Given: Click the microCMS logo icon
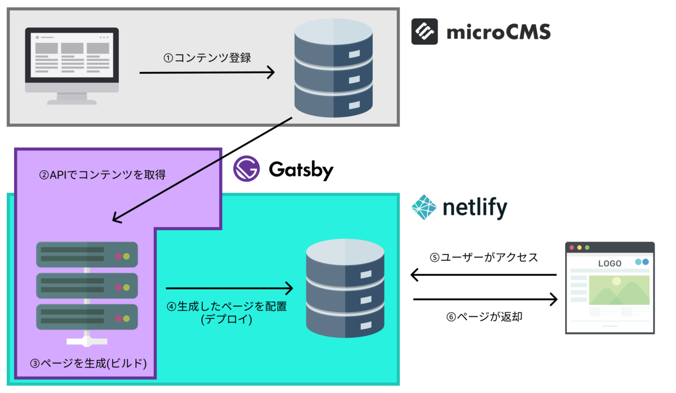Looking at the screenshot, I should [424, 32].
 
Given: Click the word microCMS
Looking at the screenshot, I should [498, 32].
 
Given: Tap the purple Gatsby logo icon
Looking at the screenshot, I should [246, 168].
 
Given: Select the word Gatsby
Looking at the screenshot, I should [301, 169].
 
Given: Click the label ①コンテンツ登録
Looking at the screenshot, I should [207, 57].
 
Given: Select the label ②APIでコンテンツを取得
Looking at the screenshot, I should [102, 175].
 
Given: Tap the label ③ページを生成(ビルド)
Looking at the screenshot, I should [88, 363].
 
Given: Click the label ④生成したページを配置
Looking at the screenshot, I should [226, 307].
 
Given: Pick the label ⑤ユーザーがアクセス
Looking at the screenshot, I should [483, 258].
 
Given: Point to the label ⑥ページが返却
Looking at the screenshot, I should [484, 317].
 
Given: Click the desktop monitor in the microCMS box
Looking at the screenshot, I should [72, 65].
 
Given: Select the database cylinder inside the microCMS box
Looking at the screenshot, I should [333, 67].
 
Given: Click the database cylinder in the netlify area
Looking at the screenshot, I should [345, 288].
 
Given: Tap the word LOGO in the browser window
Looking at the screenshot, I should [610, 264].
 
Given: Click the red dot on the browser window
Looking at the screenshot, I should [572, 247].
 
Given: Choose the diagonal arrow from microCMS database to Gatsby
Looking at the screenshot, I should [203, 169].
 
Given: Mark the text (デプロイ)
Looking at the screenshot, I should [226, 320].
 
